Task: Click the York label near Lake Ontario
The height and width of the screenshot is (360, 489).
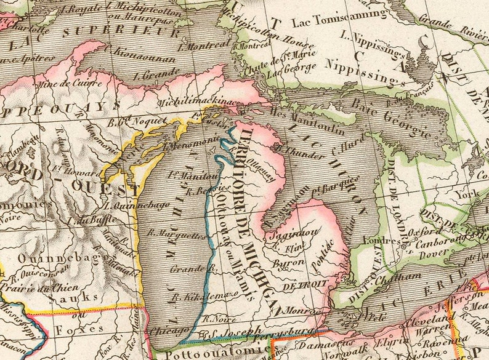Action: (x=472, y=193)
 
